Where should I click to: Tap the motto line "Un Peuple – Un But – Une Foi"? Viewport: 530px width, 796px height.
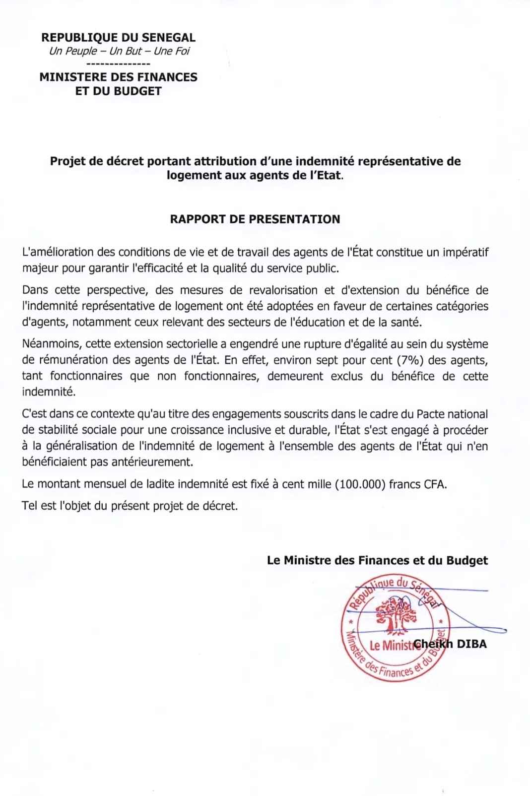click(119, 51)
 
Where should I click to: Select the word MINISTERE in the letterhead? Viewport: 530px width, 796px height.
click(72, 77)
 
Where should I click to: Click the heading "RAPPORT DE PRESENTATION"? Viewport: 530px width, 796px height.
click(255, 219)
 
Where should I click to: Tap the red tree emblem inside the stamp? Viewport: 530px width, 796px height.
click(395, 616)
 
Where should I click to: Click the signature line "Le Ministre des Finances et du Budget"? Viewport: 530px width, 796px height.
click(377, 560)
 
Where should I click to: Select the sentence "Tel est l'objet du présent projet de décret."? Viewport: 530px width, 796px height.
click(130, 506)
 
